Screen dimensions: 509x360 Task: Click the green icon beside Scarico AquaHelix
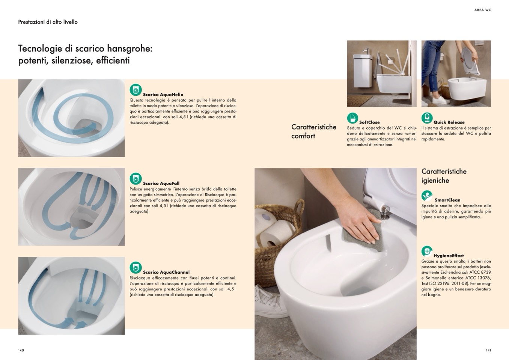(x=136, y=90)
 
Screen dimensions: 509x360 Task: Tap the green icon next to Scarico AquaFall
(x=136, y=179)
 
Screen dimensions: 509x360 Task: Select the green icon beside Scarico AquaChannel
(x=136, y=268)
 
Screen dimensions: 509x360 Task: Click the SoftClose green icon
(x=352, y=118)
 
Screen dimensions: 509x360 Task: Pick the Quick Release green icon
(x=427, y=118)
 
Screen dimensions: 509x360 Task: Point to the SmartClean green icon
(x=427, y=196)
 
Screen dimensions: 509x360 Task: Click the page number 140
(x=21, y=350)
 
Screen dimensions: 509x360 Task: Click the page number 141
(x=488, y=350)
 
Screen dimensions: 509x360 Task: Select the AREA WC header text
(x=483, y=10)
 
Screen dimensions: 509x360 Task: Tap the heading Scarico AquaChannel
(x=166, y=272)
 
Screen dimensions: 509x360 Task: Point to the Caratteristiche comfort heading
(x=314, y=131)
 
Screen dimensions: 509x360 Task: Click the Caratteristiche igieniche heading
(x=444, y=176)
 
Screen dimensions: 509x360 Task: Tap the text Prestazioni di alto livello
(x=48, y=22)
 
